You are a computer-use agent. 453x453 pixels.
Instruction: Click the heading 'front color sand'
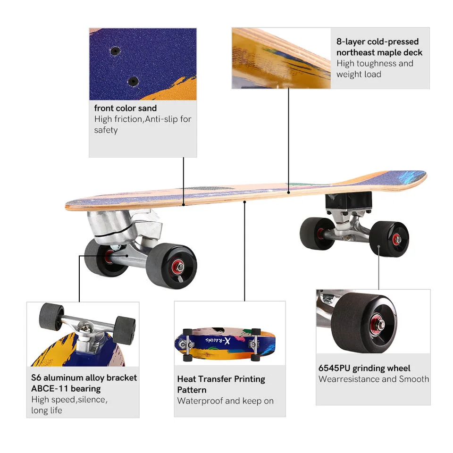pyautogui.click(x=125, y=109)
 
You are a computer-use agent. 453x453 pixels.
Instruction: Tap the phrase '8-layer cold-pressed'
pyautogui.click(x=377, y=42)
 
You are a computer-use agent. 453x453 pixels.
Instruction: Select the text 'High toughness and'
pyautogui.click(x=375, y=63)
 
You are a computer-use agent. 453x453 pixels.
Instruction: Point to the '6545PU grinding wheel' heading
pyautogui.click(x=364, y=368)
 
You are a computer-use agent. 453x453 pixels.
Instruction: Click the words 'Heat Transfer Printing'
pyautogui.click(x=221, y=379)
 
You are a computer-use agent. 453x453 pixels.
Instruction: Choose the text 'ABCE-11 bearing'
pyautogui.click(x=66, y=389)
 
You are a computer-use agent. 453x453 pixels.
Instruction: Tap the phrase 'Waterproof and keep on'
pyautogui.click(x=225, y=401)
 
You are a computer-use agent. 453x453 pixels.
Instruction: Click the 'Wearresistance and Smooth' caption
pyautogui.click(x=374, y=379)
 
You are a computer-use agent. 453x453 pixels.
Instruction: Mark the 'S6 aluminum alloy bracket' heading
pyautogui.click(x=84, y=377)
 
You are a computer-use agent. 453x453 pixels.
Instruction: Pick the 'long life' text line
pyautogui.click(x=47, y=411)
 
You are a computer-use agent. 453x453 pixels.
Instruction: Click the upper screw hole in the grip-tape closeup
pyautogui.click(x=115, y=50)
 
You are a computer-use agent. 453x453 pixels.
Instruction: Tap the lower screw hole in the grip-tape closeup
pyautogui.click(x=133, y=81)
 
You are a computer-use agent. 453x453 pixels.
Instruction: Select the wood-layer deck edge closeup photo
pyautogui.click(x=281, y=58)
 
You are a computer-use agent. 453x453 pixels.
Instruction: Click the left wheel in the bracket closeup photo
pyautogui.click(x=51, y=316)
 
